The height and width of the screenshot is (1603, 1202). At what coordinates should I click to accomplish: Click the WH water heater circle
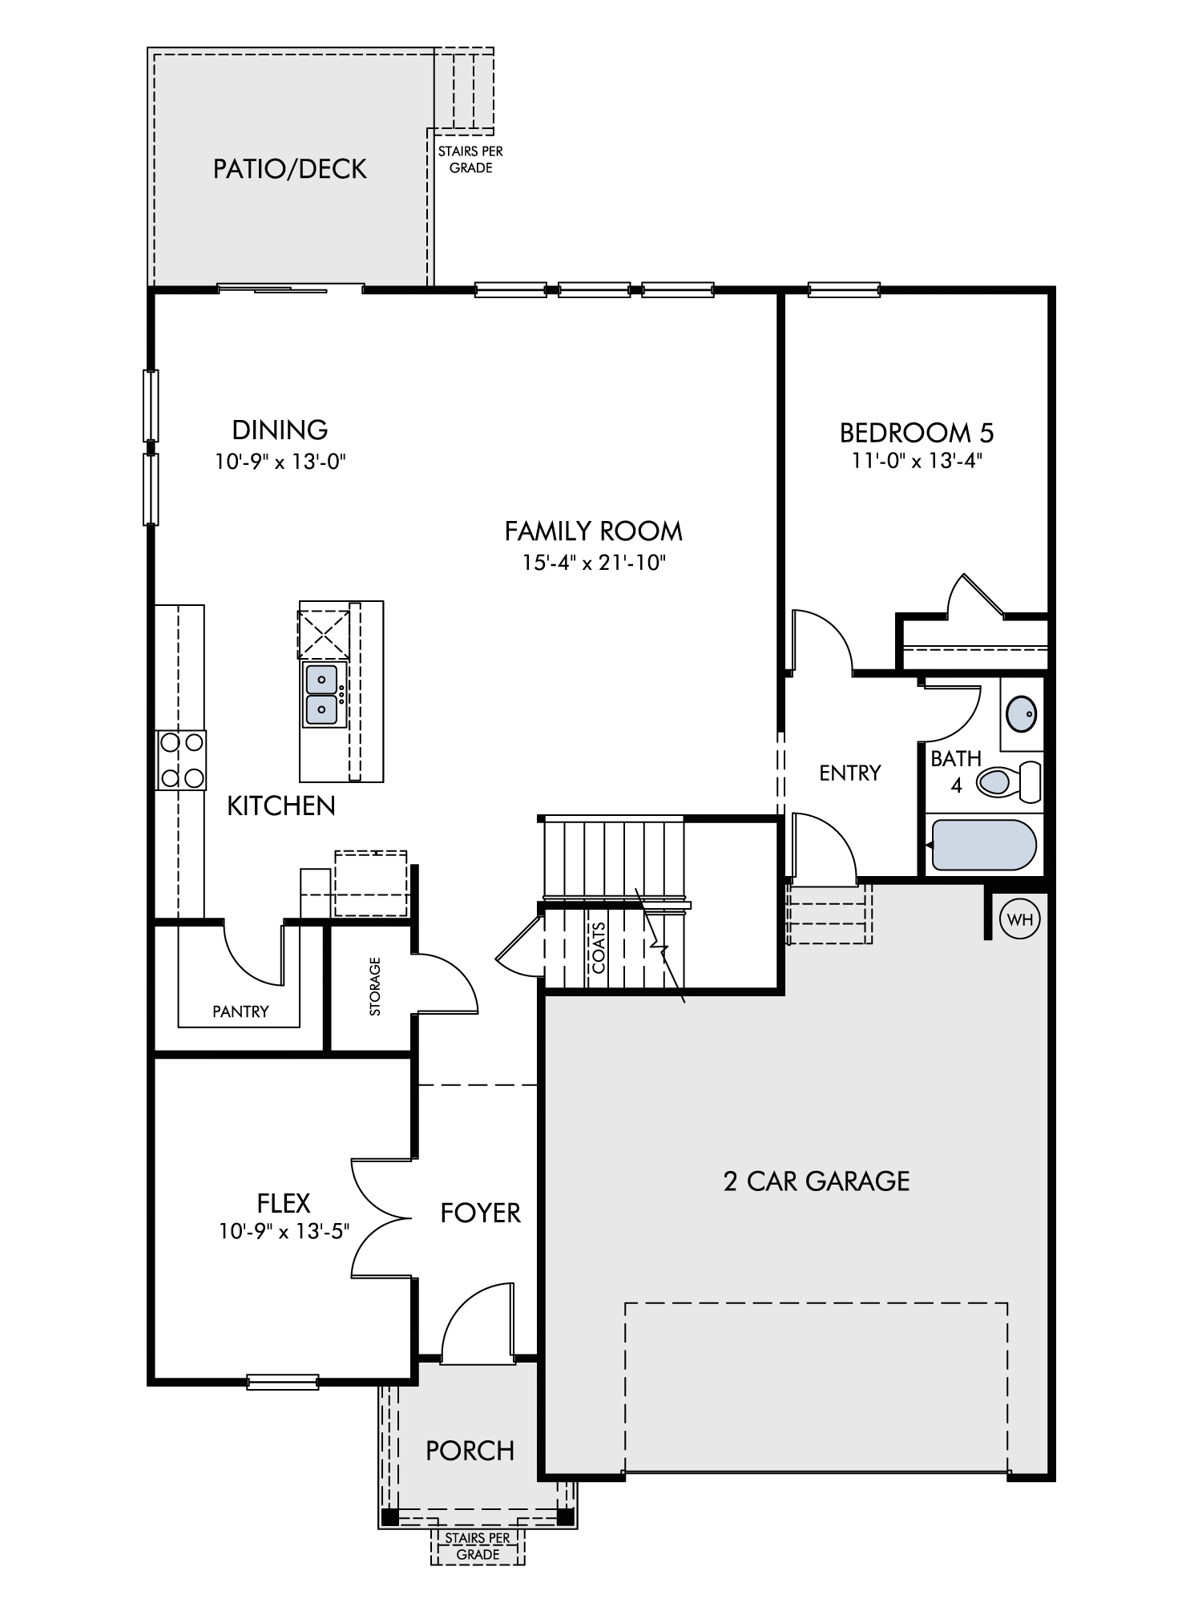tap(1020, 919)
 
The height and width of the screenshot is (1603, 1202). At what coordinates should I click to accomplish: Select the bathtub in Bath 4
tap(982, 845)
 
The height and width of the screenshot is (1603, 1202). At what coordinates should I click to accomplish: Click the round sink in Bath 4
tap(1022, 711)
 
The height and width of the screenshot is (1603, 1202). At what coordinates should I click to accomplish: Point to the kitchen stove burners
tap(180, 760)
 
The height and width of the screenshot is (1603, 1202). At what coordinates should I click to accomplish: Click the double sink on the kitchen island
tap(323, 694)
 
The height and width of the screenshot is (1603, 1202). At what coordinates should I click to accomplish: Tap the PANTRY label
tap(240, 1011)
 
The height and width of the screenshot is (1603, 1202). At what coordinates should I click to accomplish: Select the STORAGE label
tap(375, 987)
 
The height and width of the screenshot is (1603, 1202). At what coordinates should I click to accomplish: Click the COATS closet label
tap(599, 947)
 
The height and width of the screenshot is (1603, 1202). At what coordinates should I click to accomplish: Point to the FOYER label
tap(481, 1213)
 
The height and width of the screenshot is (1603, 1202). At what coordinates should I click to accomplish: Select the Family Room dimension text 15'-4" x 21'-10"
tap(594, 563)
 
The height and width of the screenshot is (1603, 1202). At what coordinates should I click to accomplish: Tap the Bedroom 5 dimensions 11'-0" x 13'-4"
tap(917, 461)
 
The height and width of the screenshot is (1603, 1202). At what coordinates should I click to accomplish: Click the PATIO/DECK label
tap(290, 169)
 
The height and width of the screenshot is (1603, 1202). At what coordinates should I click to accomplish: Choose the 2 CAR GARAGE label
tap(817, 1181)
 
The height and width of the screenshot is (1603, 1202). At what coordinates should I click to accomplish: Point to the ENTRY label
tap(850, 773)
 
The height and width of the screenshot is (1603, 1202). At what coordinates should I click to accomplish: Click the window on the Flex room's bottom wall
tap(283, 1382)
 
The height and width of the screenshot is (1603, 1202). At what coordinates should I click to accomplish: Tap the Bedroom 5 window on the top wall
tap(844, 289)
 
